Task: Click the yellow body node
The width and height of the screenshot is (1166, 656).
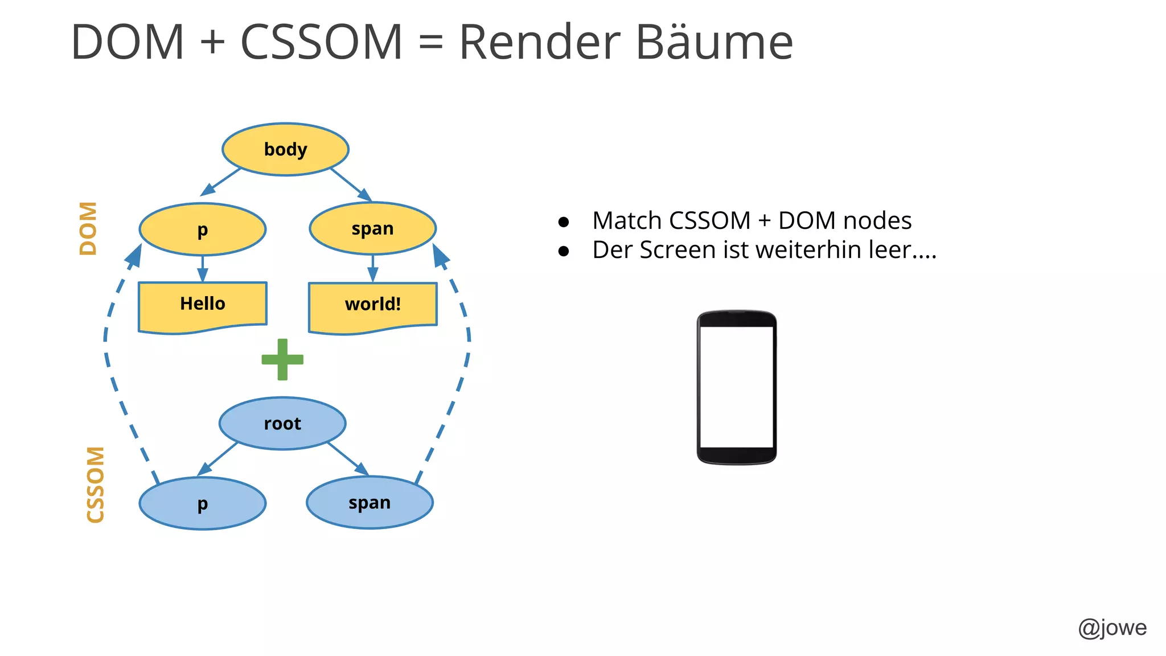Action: coord(285,149)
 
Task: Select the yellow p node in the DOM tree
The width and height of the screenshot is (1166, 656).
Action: coord(202,229)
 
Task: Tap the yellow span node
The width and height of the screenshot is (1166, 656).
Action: coord(372,228)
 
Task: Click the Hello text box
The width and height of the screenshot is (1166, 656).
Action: coord(202,304)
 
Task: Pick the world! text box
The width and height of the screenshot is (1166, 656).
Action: coord(372,305)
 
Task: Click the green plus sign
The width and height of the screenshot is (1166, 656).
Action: coord(282,359)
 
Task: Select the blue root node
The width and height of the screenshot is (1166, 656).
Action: coord(282,424)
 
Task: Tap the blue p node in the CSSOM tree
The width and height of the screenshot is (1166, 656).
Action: coord(202,503)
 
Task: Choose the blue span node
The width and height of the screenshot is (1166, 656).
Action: coord(369,503)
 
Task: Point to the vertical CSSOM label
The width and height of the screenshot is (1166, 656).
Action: coord(95,484)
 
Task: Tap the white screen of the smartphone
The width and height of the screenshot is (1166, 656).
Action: coord(736,387)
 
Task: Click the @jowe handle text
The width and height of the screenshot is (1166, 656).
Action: coord(1112,628)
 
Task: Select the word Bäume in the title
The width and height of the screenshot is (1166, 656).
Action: coord(714,42)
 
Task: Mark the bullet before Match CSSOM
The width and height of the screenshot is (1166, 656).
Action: coord(564,222)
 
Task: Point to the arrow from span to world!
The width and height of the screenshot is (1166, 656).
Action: coord(372,268)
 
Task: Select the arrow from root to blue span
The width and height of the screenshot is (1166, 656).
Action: coord(348,458)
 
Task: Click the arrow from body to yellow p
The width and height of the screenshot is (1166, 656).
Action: coord(221,182)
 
